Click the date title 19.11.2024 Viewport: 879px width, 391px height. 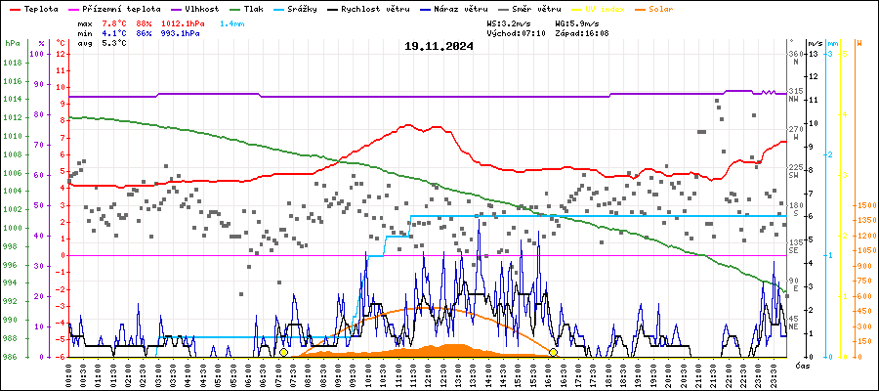tap(439, 46)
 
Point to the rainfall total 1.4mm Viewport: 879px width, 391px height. tap(232, 22)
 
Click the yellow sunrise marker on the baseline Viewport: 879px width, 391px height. tap(283, 352)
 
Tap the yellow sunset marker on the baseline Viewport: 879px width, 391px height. tap(553, 352)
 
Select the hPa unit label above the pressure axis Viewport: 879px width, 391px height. tap(12, 44)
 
